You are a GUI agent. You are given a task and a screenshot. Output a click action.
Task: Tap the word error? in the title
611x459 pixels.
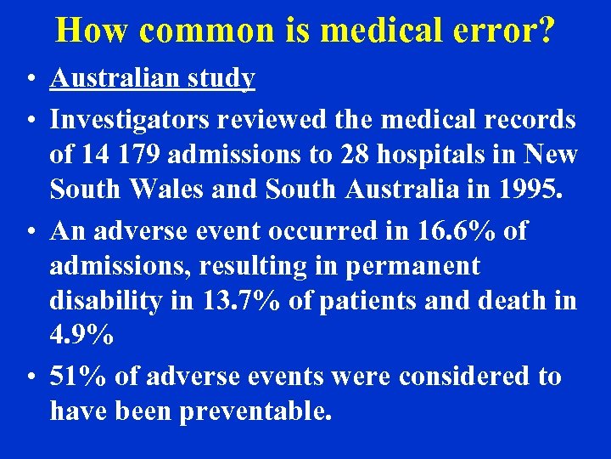pyautogui.click(x=507, y=31)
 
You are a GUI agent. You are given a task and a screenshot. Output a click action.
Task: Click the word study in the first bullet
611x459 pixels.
pyautogui.click(x=223, y=78)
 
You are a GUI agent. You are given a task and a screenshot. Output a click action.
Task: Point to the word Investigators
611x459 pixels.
pyautogui.click(x=130, y=120)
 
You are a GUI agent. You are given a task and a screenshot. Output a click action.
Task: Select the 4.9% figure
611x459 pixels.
pyautogui.click(x=81, y=334)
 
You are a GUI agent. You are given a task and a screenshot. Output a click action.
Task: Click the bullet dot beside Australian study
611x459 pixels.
pyautogui.click(x=29, y=79)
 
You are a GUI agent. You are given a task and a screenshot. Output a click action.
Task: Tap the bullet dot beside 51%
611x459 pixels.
pyautogui.click(x=29, y=377)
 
